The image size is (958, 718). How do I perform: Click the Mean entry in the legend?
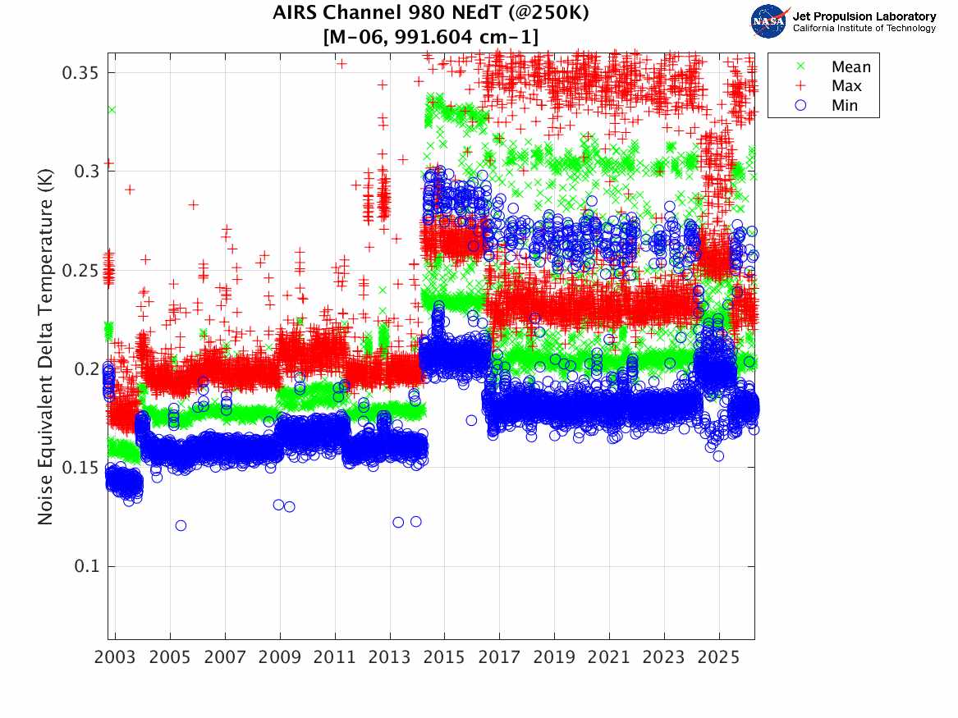850,66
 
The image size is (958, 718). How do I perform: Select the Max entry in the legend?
846,86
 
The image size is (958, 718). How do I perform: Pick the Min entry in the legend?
844,106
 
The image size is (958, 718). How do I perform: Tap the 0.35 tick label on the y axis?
80,72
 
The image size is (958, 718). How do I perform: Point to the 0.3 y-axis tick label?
85,171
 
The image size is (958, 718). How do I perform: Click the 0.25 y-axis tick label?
80,270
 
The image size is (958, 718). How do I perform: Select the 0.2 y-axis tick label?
85,368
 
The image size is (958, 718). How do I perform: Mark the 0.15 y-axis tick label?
80,468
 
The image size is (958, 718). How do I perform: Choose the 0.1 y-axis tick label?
85,566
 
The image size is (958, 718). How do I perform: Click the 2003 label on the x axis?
116,658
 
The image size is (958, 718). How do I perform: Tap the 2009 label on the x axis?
280,658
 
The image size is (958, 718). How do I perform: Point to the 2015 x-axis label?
445,658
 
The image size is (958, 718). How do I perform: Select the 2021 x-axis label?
609,658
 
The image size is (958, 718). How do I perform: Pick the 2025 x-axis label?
719,658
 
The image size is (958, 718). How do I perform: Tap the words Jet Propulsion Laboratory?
864,16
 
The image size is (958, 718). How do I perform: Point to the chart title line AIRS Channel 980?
430,14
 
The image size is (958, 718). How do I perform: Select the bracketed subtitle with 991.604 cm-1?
430,36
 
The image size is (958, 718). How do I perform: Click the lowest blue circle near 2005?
181,525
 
